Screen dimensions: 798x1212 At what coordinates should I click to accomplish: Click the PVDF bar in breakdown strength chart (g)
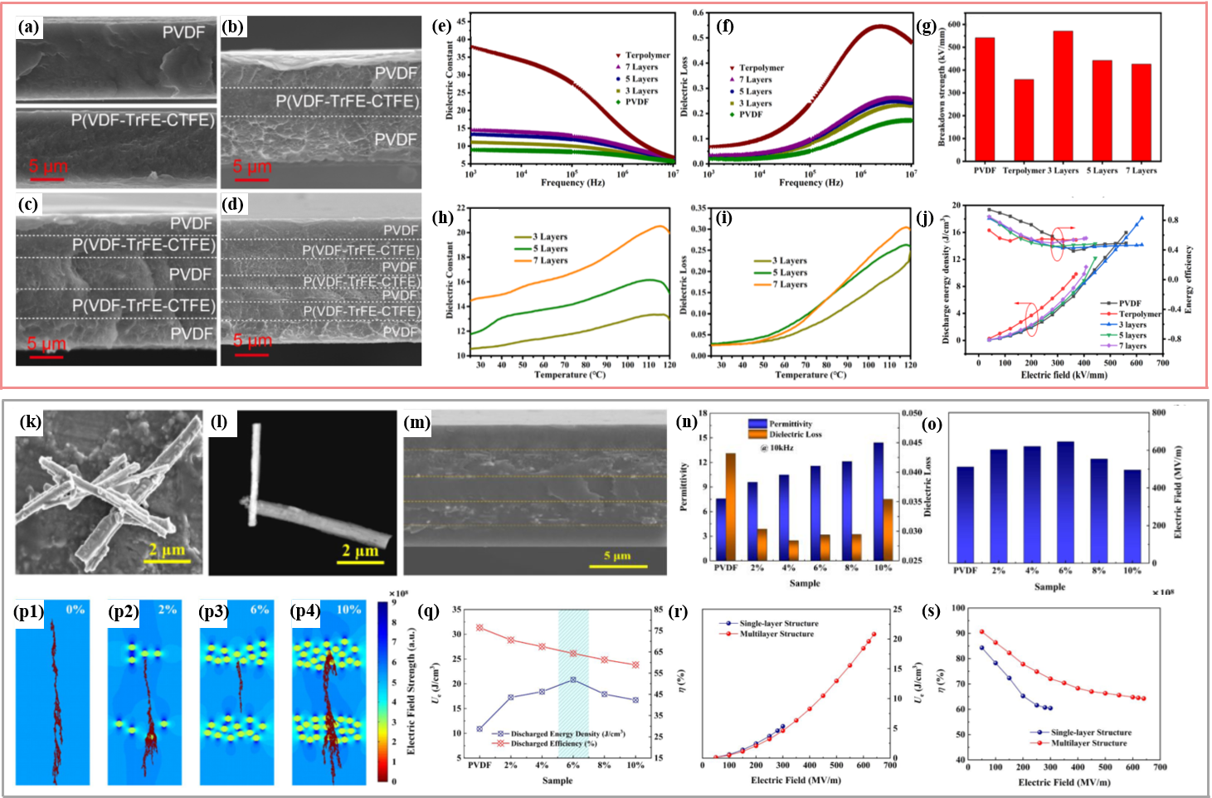(985, 99)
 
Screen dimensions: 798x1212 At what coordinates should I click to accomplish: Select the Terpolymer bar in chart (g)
(1024, 119)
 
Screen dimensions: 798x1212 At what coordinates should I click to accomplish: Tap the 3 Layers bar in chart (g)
(1063, 95)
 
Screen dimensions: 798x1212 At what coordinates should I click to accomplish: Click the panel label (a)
(29, 27)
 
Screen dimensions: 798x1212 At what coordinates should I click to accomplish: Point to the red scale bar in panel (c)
(46, 356)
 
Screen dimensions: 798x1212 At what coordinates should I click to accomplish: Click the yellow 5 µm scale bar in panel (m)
(618, 567)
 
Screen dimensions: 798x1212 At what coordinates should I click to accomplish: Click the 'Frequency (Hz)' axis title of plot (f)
(810, 182)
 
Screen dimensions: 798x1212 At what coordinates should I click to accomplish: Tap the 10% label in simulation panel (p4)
(348, 610)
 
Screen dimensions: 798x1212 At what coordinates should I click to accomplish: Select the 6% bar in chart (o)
(1065, 501)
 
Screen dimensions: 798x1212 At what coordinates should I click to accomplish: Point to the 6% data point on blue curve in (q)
(573, 679)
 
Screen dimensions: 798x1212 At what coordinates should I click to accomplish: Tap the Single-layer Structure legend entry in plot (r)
(778, 623)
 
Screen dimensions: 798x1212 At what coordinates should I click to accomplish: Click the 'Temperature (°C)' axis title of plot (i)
(810, 375)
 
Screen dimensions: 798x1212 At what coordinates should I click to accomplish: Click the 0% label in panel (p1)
(75, 610)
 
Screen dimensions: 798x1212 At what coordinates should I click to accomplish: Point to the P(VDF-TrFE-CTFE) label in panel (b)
(347, 101)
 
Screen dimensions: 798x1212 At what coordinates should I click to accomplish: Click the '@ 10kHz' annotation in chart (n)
(776, 447)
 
